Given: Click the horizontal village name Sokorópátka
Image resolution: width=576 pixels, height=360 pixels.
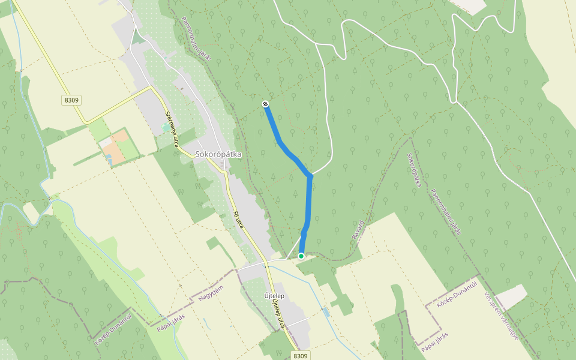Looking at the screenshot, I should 218,154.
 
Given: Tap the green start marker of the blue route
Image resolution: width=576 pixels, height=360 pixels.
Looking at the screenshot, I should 301,256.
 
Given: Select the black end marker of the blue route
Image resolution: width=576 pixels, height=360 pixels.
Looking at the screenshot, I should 265,104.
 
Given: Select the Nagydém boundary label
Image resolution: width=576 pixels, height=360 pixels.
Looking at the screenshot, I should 211,290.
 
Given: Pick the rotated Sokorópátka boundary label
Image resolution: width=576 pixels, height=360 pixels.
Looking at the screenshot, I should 412,170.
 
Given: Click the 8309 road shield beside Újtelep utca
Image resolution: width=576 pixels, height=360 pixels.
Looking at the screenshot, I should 301,356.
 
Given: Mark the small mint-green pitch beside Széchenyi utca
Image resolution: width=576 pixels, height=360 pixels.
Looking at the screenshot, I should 166,128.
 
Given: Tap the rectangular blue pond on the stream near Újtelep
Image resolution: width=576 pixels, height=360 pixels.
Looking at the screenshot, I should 326,313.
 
